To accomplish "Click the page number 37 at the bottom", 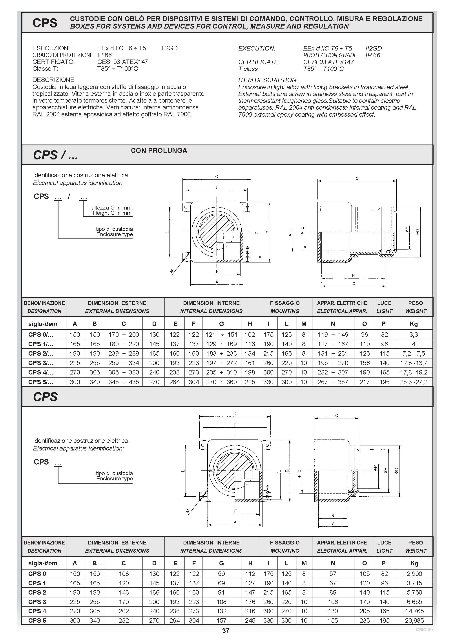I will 226,631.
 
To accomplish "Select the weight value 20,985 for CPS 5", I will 414,620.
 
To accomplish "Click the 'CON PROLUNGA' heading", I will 159,151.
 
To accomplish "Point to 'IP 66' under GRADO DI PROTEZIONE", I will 104,55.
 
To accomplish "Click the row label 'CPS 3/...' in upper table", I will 41,363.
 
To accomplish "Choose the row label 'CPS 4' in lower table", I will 37,611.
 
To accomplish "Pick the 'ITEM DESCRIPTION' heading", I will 267,80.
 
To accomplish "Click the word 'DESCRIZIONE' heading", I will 53,80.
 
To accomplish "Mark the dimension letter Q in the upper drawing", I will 216,176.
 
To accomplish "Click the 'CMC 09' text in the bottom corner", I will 424,630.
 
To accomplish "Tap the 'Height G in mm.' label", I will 113,213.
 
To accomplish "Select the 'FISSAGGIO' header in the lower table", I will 285,543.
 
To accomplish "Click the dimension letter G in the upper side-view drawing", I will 354,284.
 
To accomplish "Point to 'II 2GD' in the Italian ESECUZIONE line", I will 169,48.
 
